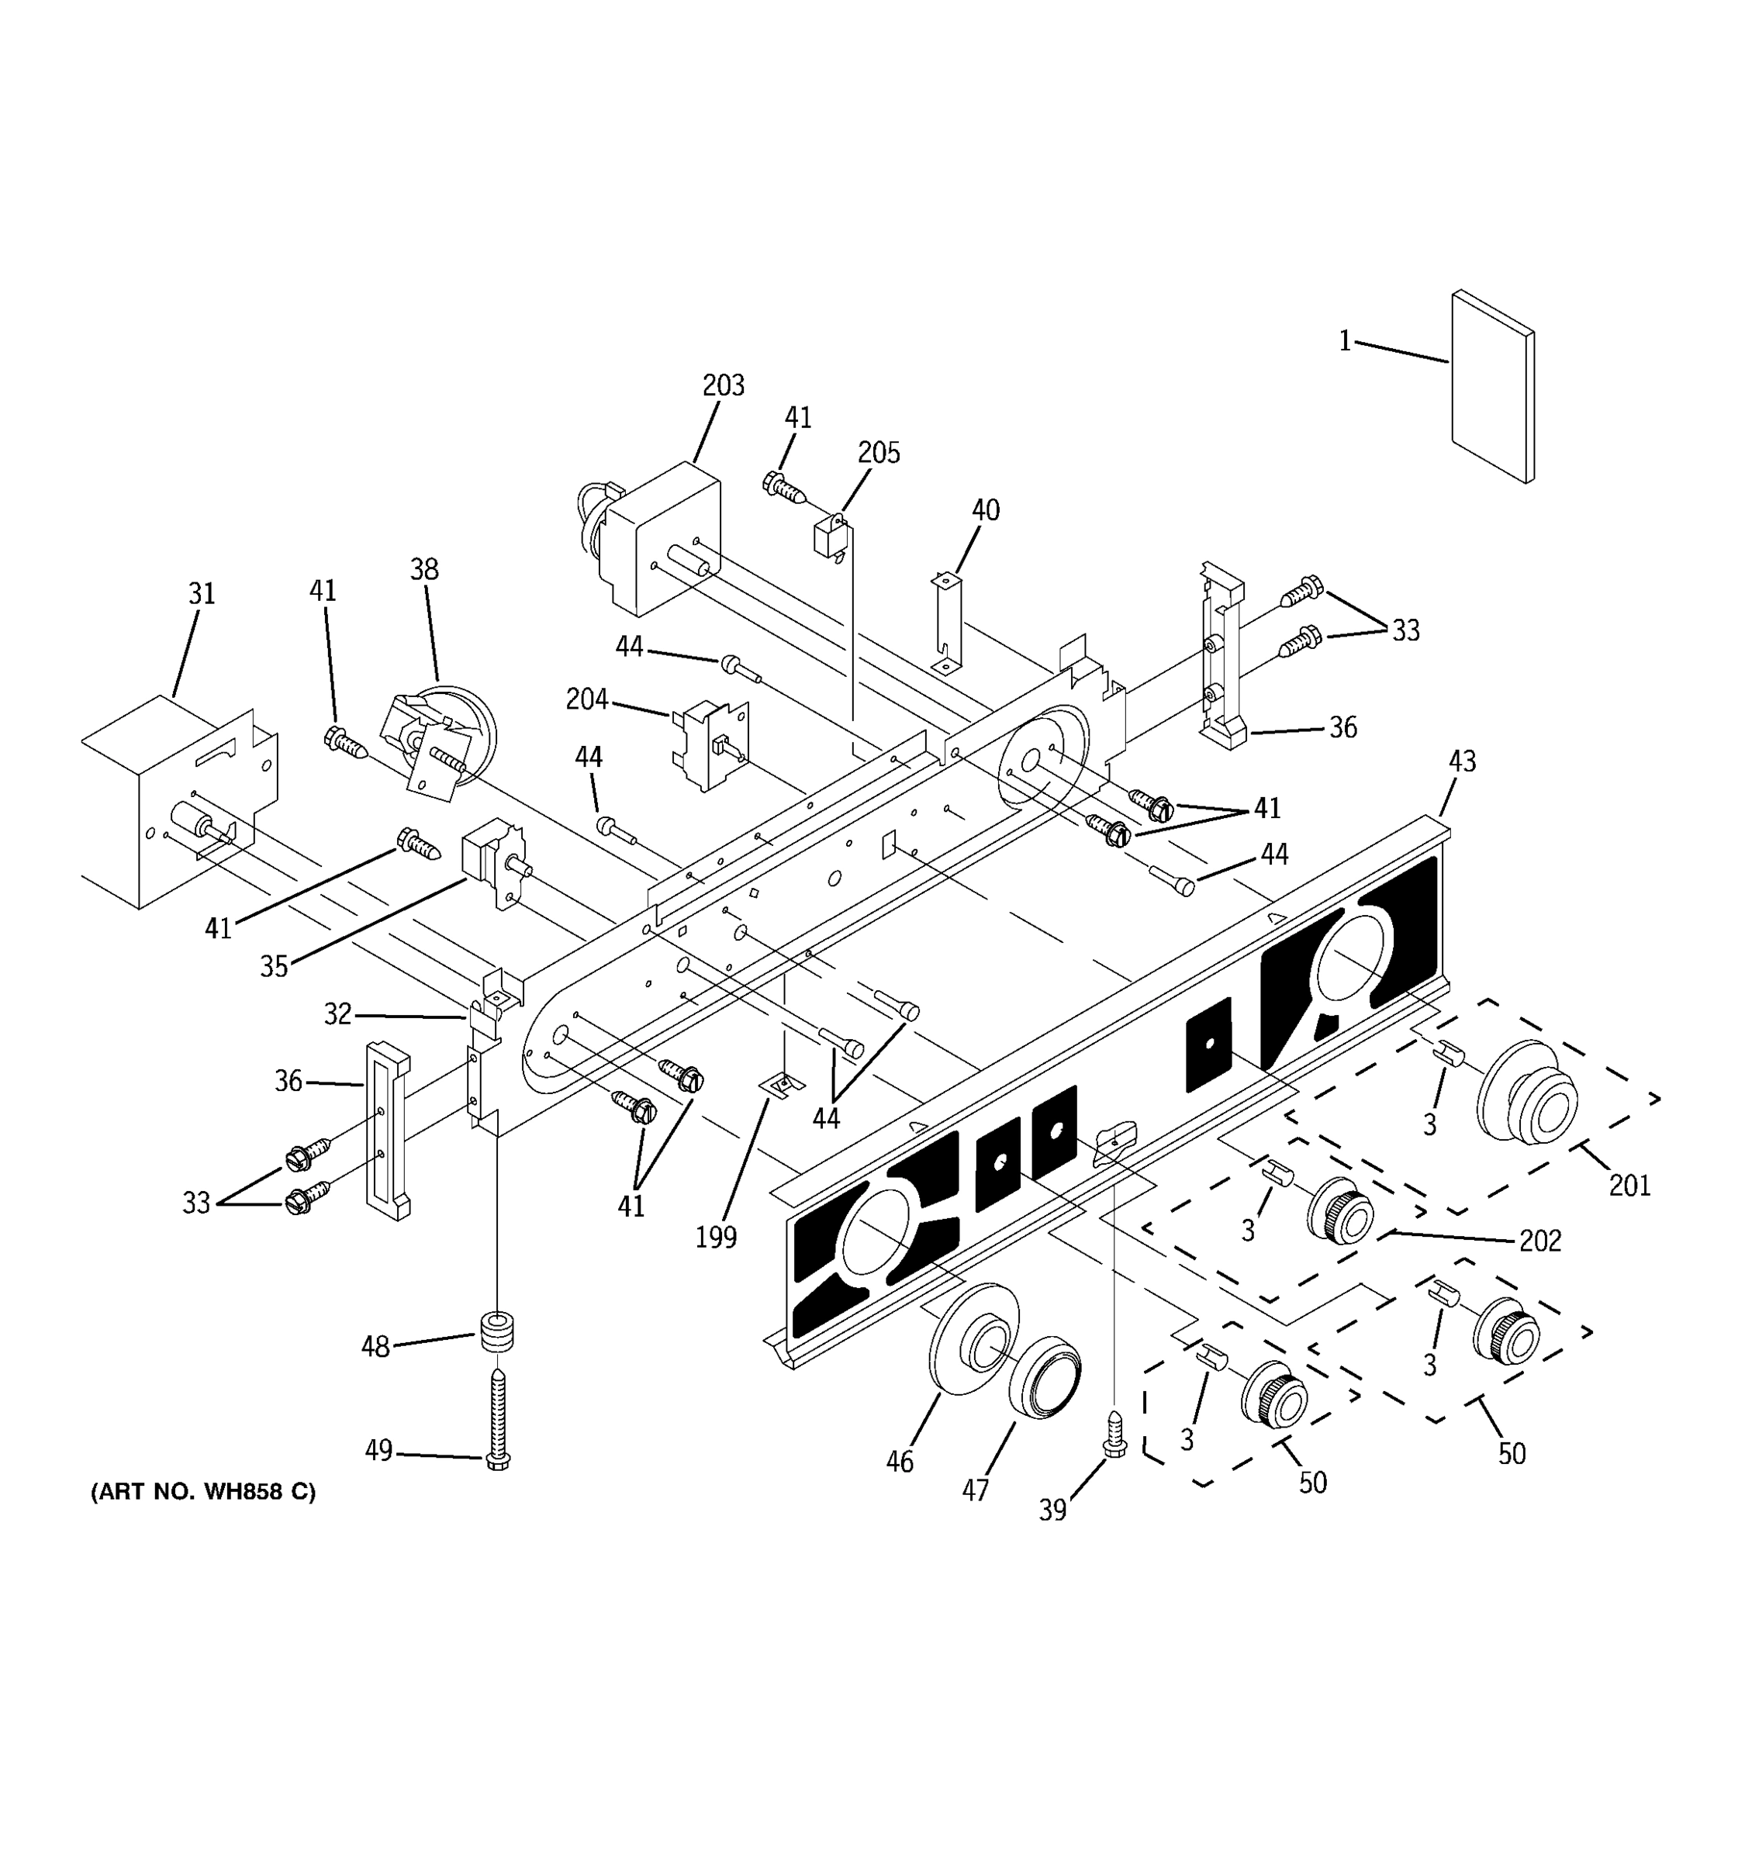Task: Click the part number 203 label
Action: pos(723,385)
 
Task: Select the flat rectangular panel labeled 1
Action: pos(1492,387)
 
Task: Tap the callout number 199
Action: pos(716,1238)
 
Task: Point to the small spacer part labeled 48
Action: pos(498,1331)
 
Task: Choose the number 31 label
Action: pos(202,593)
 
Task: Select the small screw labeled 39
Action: pos(1114,1434)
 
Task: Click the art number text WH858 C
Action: pos(203,1492)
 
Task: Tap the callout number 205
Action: pos(879,453)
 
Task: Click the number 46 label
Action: pos(900,1462)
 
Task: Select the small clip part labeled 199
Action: pos(782,1086)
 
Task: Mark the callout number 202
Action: pos(1540,1241)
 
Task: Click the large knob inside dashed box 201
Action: pos(1526,1093)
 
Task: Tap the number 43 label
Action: pos(1461,761)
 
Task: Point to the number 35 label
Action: pos(273,967)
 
